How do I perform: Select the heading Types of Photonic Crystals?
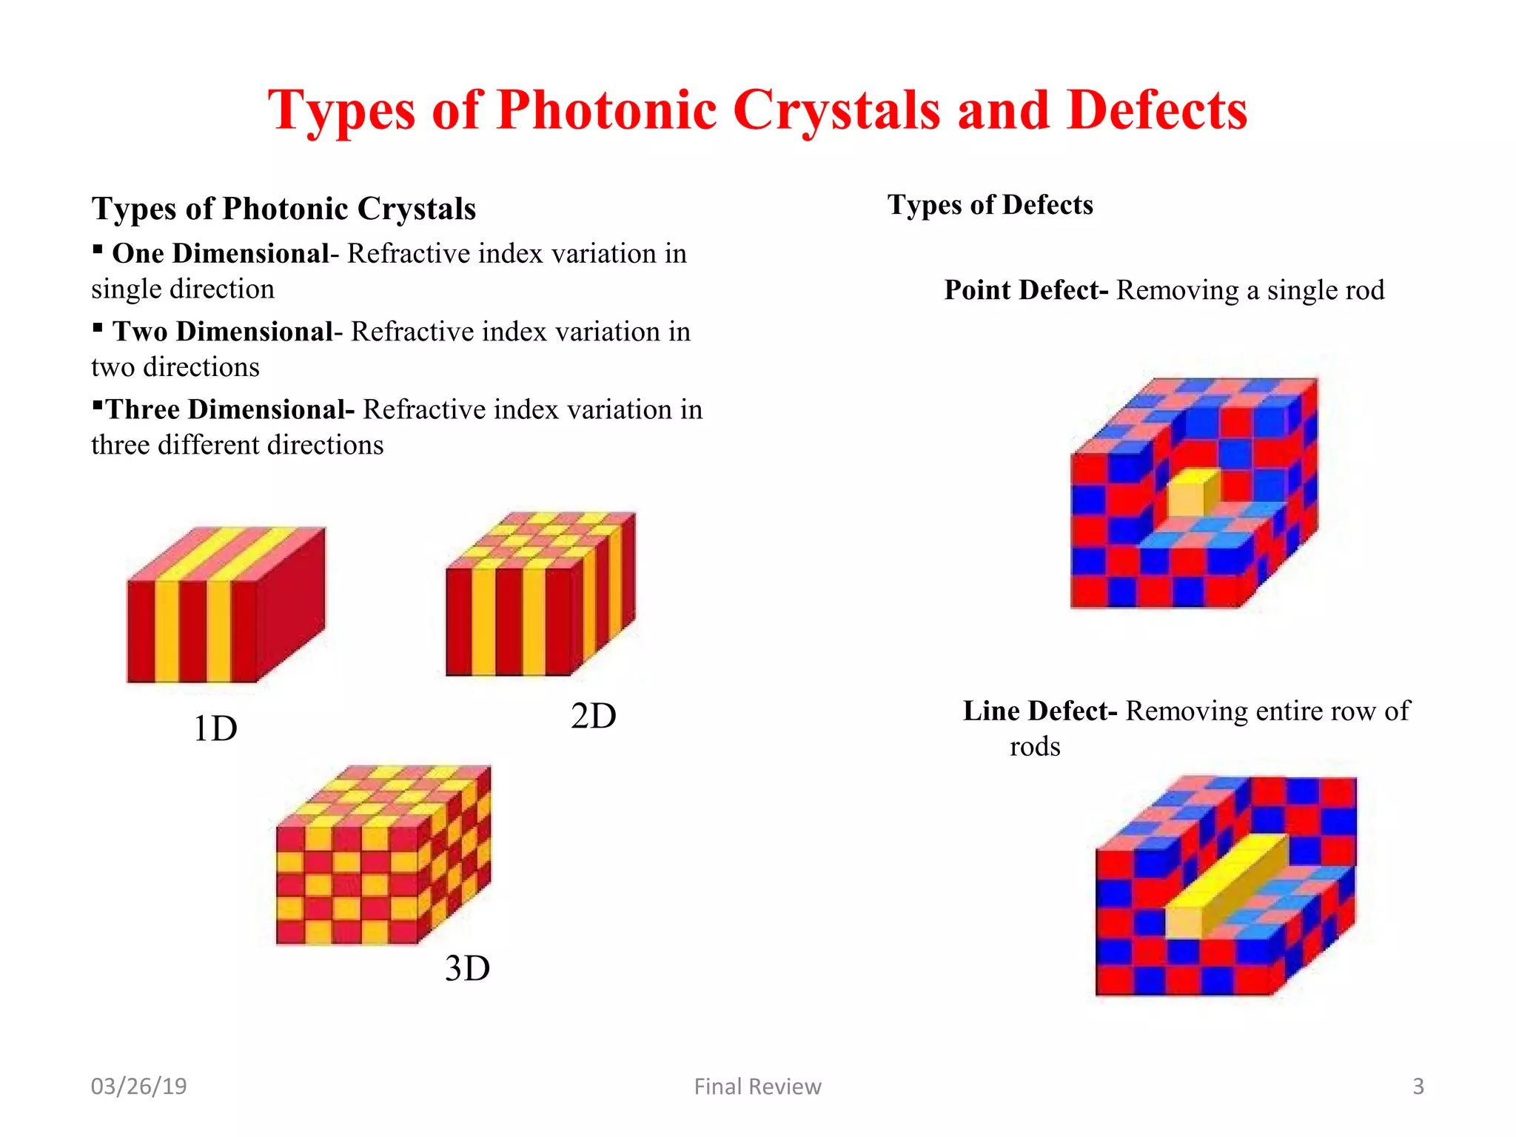point(284,209)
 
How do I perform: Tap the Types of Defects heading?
point(990,205)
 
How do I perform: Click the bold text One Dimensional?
point(220,254)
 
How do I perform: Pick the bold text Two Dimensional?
point(223,332)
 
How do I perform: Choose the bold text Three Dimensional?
point(229,409)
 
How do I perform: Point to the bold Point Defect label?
point(1025,290)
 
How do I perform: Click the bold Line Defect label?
point(1039,711)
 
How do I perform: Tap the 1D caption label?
point(215,728)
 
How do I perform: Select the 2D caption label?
point(593,716)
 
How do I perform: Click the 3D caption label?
point(467,968)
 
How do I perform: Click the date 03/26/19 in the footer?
point(138,1086)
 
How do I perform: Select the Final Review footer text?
point(757,1086)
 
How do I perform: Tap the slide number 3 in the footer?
point(1418,1086)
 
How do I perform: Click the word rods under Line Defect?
point(1035,746)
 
